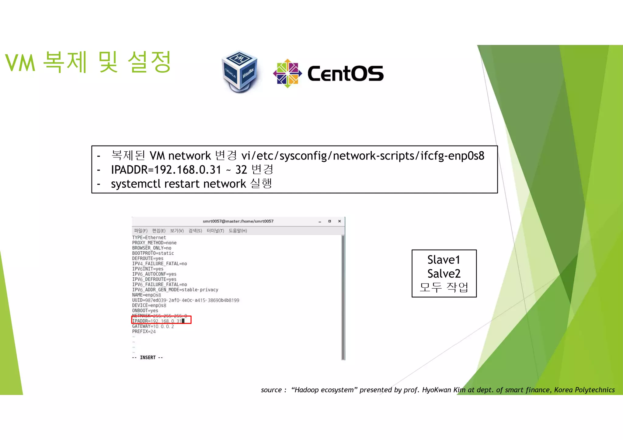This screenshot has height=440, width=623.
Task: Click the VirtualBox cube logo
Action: pos(240,72)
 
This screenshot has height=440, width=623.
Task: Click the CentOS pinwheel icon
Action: pos(287,73)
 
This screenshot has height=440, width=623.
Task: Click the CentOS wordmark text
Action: pos(346,74)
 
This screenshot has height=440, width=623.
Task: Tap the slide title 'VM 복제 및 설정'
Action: pos(88,62)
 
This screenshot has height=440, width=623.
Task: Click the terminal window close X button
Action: pos(339,221)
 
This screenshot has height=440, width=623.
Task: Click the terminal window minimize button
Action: pos(320,222)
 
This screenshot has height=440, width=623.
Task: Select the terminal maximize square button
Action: pos(329,221)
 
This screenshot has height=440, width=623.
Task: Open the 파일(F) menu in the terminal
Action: pos(141,231)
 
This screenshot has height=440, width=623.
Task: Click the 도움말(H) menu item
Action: pos(238,231)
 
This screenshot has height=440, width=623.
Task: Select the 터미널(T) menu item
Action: pos(215,231)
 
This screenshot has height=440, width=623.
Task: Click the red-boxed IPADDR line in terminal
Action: pos(161,321)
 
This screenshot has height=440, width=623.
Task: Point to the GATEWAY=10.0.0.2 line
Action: pos(153,326)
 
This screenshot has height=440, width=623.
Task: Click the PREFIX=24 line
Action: pos(144,332)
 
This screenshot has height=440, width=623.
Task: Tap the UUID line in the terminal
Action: pos(186,300)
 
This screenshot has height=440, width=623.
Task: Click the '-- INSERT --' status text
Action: pos(148,357)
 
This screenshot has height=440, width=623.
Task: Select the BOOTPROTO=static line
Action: pos(153,253)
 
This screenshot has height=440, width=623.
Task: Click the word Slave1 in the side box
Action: pos(444,260)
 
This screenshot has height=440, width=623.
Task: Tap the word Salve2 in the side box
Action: pos(444,273)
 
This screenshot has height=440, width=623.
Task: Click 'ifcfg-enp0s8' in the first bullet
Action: pos(452,156)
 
